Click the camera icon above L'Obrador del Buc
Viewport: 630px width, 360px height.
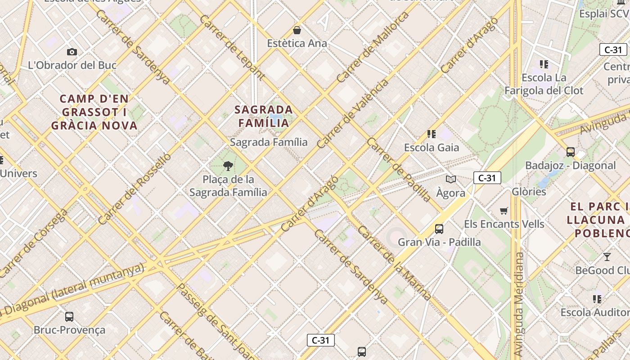pyautogui.click(x=72, y=52)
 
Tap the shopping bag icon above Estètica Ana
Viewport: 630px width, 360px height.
pyautogui.click(x=297, y=31)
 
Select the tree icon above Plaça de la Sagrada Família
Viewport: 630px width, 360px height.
pyautogui.click(x=228, y=166)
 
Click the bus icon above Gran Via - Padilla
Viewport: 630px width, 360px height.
pyautogui.click(x=439, y=229)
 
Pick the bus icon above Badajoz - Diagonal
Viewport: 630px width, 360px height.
pyautogui.click(x=571, y=152)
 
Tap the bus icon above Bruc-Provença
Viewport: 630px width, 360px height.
pyautogui.click(x=69, y=317)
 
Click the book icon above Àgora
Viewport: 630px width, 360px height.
pyautogui.click(x=451, y=180)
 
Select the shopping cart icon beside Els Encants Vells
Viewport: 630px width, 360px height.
pyautogui.click(x=504, y=211)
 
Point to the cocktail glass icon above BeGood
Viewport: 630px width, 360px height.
pyautogui.click(x=607, y=257)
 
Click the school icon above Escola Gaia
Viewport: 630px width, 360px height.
pyautogui.click(x=432, y=134)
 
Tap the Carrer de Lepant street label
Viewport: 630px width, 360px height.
pyautogui.click(x=232, y=47)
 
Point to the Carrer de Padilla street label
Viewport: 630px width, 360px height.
pyautogui.click(x=399, y=169)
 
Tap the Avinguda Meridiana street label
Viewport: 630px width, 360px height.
pyautogui.click(x=519, y=304)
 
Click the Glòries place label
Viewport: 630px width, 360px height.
pyautogui.click(x=529, y=192)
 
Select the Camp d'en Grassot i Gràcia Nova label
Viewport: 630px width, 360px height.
pyautogui.click(x=94, y=112)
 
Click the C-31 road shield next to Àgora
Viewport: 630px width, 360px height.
pyautogui.click(x=487, y=178)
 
